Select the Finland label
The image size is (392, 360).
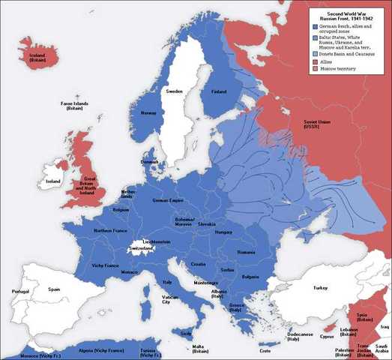(x=219, y=91)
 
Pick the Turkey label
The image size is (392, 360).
(x=321, y=287)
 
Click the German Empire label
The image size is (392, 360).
(x=169, y=201)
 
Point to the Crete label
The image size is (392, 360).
(x=265, y=350)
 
